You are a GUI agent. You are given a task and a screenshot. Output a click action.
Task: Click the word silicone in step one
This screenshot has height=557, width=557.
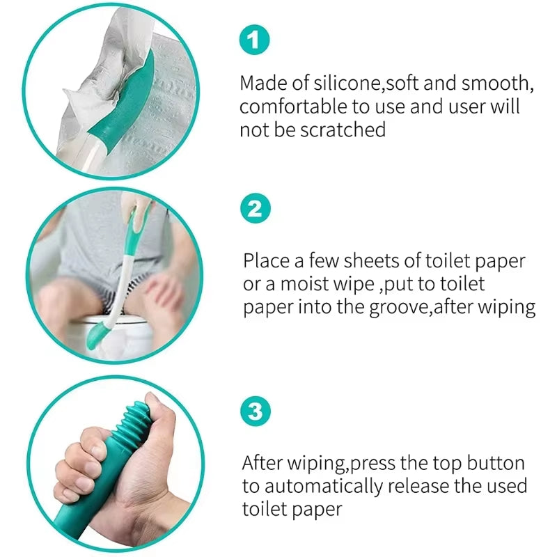346,83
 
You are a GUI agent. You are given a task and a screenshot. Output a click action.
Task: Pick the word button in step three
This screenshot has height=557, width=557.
491,463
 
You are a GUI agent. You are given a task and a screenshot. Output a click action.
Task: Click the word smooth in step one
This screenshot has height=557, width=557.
496,83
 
